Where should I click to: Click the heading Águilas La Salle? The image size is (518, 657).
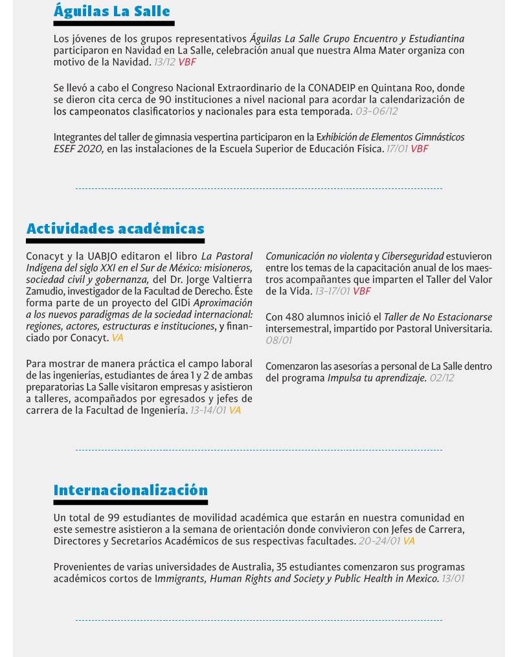(x=111, y=11)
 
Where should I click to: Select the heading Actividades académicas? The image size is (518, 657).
(x=115, y=228)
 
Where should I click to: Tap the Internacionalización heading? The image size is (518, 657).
(x=130, y=489)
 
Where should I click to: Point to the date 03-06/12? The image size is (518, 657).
(x=376, y=111)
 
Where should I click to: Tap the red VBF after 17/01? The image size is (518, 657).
(x=420, y=149)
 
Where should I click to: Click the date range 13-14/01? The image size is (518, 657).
(x=207, y=410)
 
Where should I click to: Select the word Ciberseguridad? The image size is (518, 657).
(x=413, y=256)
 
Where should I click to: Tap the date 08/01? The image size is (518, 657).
(x=279, y=340)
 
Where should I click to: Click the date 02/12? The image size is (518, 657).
(x=442, y=378)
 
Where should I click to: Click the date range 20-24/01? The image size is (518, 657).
(x=379, y=541)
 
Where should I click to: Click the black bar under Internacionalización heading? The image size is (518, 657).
(x=130, y=502)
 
